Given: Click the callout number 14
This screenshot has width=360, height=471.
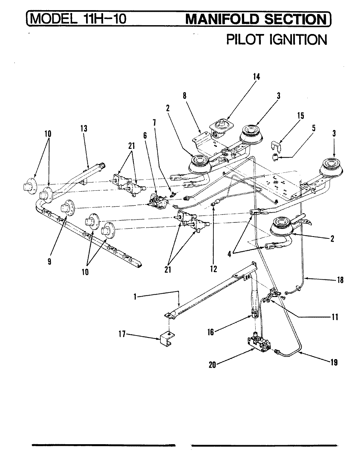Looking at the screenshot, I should pos(256,77).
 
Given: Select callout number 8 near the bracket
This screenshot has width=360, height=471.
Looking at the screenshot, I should pos(185,96).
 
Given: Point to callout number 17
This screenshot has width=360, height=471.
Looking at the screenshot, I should pos(122,334).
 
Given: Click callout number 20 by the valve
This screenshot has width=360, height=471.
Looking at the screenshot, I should pos(212,365).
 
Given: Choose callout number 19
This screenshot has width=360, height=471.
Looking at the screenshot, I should pos(334,362).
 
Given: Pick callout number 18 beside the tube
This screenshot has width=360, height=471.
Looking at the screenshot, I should pos(340,280).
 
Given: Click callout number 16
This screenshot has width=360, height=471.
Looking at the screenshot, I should pos(210,332).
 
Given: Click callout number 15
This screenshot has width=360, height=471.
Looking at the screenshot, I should pos(300,116).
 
